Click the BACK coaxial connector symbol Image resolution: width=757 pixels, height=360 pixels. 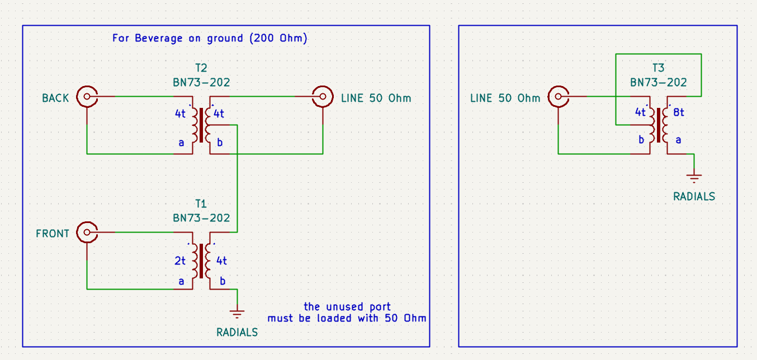pyautogui.click(x=87, y=97)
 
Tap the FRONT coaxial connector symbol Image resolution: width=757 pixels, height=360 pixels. pyautogui.click(x=87, y=232)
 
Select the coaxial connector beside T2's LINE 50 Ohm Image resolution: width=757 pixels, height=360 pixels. pyautogui.click(x=323, y=97)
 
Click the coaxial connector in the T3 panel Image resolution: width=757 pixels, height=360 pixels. pyautogui.click(x=558, y=97)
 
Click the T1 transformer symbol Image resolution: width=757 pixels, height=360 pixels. pyautogui.click(x=201, y=262)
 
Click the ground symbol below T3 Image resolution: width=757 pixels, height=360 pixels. pyautogui.click(x=694, y=178)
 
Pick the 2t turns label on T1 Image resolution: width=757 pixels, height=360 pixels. pyautogui.click(x=179, y=260)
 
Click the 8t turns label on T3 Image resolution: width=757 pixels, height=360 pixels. pyautogui.click(x=679, y=112)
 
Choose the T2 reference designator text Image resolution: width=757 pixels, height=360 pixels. pyautogui.click(x=201, y=68)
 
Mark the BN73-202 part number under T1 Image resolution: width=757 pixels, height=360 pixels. pyautogui.click(x=201, y=218)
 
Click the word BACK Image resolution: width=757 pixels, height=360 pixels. pyautogui.click(x=55, y=98)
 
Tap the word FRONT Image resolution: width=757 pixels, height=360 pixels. pyautogui.click(x=53, y=234)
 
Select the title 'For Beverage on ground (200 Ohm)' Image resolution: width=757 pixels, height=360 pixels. pyautogui.click(x=210, y=39)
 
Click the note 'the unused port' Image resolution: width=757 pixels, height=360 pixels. pyautogui.click(x=347, y=307)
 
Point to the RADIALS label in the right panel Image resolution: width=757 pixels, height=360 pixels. pyautogui.click(x=694, y=197)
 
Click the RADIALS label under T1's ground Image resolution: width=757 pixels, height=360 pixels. pyautogui.click(x=237, y=333)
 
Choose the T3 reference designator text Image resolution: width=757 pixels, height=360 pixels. pyautogui.click(x=659, y=68)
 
